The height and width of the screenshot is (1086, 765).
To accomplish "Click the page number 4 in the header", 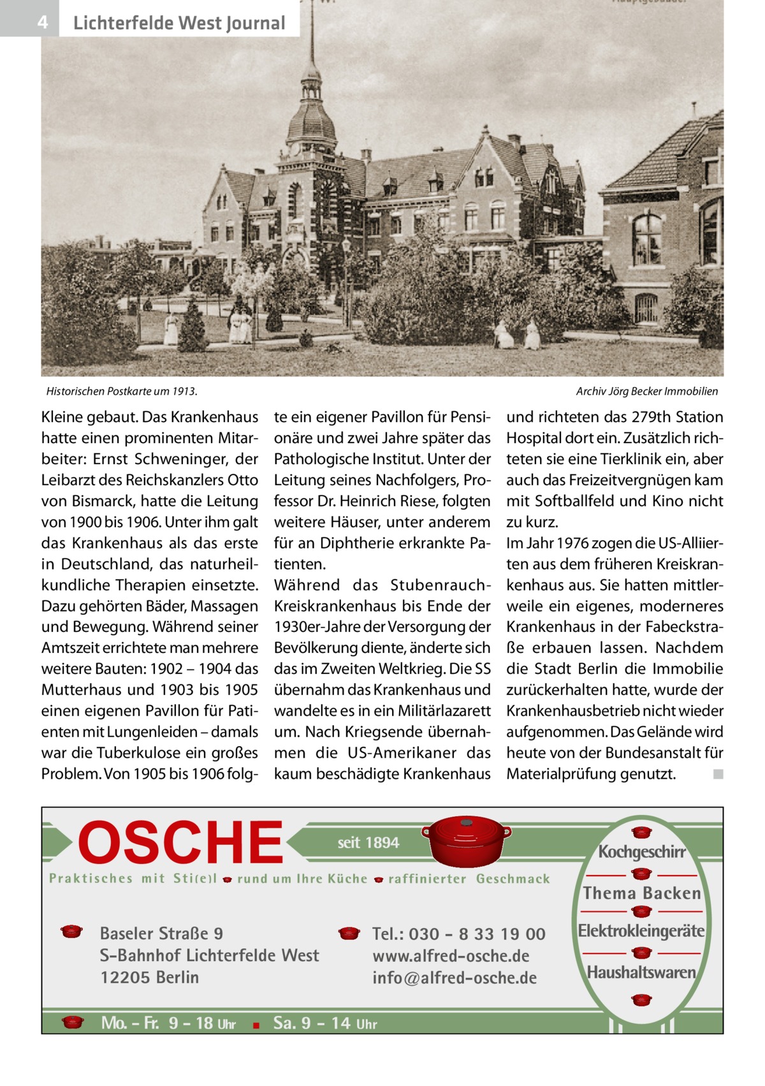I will (42, 23).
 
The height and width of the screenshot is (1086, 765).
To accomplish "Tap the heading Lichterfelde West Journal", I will (179, 24).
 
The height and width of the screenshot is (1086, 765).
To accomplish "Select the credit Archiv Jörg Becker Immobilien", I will (646, 391).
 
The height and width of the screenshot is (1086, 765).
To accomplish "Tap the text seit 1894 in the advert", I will (368, 842).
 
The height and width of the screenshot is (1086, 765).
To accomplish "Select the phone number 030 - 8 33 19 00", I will (477, 934).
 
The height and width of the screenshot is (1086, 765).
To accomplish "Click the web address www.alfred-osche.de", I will (451, 956).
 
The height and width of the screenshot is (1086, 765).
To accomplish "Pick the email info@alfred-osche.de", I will (455, 978).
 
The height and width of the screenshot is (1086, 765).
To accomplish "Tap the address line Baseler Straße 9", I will (161, 934).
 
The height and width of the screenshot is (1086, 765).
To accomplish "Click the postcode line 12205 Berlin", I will (149, 978).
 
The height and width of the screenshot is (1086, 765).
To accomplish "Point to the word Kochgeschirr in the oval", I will (641, 853).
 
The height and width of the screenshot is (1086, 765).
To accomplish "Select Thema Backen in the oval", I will (641, 893).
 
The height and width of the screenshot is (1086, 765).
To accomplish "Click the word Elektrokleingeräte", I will (641, 931).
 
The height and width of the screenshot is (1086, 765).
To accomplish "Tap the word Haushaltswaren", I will (641, 972).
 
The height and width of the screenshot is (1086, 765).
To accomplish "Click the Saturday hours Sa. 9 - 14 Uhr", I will (324, 1024).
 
